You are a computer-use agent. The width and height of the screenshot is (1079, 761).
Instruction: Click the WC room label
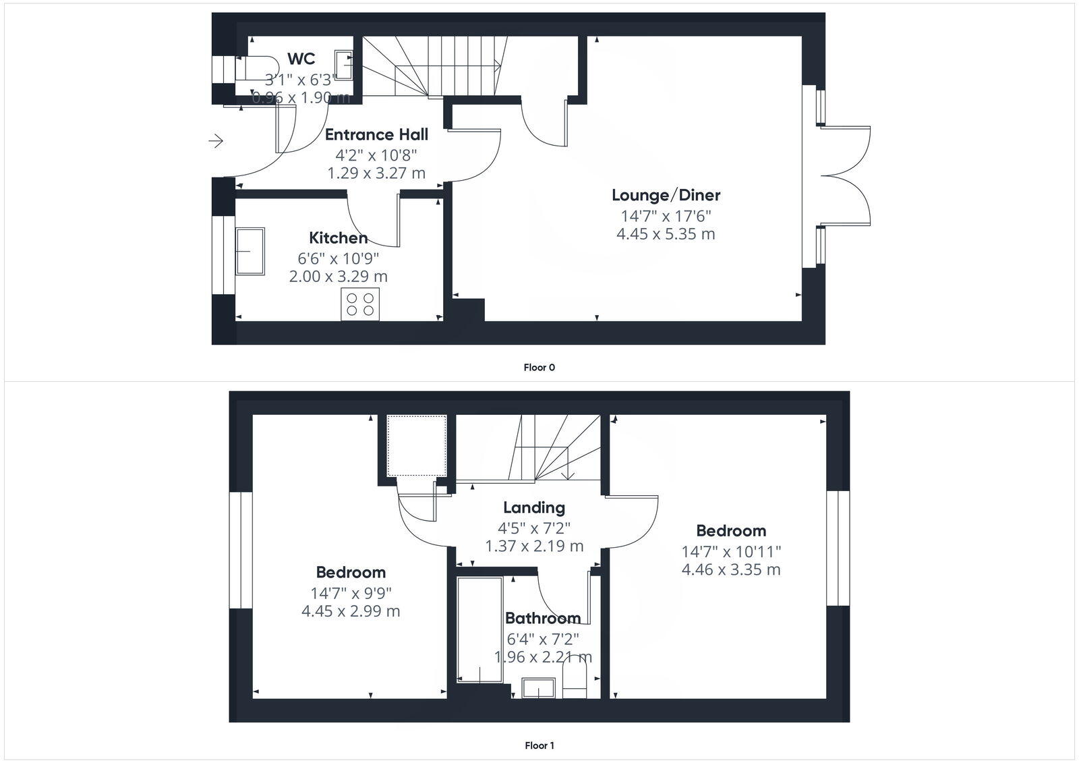pyautogui.click(x=301, y=59)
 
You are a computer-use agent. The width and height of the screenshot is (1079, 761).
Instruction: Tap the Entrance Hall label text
pyautogui.click(x=376, y=134)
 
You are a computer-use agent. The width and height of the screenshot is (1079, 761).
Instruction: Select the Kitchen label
pyautogui.click(x=338, y=237)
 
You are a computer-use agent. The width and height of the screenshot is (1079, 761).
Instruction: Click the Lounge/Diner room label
pyautogui.click(x=666, y=195)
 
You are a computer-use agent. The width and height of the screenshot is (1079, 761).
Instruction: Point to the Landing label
pyautogui.click(x=534, y=507)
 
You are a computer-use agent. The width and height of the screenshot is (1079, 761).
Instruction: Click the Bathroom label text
pyautogui.click(x=543, y=618)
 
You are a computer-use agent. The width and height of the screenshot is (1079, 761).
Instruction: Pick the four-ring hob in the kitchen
pyautogui.click(x=360, y=304)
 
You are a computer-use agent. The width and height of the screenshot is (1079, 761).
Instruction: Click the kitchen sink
pyautogui.click(x=250, y=251)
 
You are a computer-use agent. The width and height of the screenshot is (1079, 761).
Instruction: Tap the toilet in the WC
pyautogui.click(x=254, y=68)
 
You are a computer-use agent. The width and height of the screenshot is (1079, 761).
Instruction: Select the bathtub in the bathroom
pyautogui.click(x=479, y=629)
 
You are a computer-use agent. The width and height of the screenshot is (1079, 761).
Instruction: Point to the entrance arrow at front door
pyautogui.click(x=216, y=141)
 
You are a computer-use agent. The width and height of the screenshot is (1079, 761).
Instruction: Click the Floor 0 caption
pyautogui.click(x=539, y=368)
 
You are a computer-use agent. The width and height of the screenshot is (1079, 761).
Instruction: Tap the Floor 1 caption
pyautogui.click(x=539, y=745)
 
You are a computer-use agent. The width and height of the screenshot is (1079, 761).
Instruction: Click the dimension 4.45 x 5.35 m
pyautogui.click(x=666, y=234)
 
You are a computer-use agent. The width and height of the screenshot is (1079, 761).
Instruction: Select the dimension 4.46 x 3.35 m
pyautogui.click(x=731, y=569)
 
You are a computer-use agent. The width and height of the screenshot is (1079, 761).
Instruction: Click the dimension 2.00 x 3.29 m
pyautogui.click(x=338, y=276)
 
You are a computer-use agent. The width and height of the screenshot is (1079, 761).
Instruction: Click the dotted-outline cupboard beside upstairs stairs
pyautogui.click(x=416, y=445)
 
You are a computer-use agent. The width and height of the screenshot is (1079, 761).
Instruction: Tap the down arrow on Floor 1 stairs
pyautogui.click(x=568, y=472)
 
